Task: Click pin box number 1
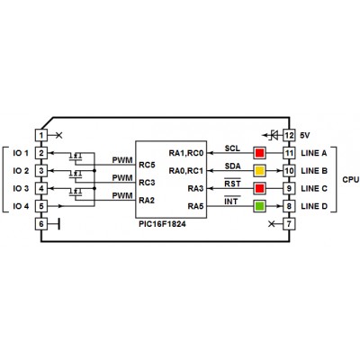[41, 135]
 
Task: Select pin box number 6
[41, 224]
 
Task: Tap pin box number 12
[289, 135]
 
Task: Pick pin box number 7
[289, 224]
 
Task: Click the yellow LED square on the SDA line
[259, 171]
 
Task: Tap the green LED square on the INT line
[259, 206]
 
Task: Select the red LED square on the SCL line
[259, 153]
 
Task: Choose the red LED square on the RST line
[259, 188]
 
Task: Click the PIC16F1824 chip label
[162, 224]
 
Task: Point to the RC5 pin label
[147, 165]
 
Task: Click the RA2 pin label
[147, 201]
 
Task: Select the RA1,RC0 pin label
[186, 153]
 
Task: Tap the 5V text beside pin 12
[305, 135]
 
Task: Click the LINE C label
[314, 188]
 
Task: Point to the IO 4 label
[21, 206]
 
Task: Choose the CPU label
[351, 180]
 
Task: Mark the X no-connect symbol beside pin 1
[59, 135]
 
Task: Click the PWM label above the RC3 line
[122, 178]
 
